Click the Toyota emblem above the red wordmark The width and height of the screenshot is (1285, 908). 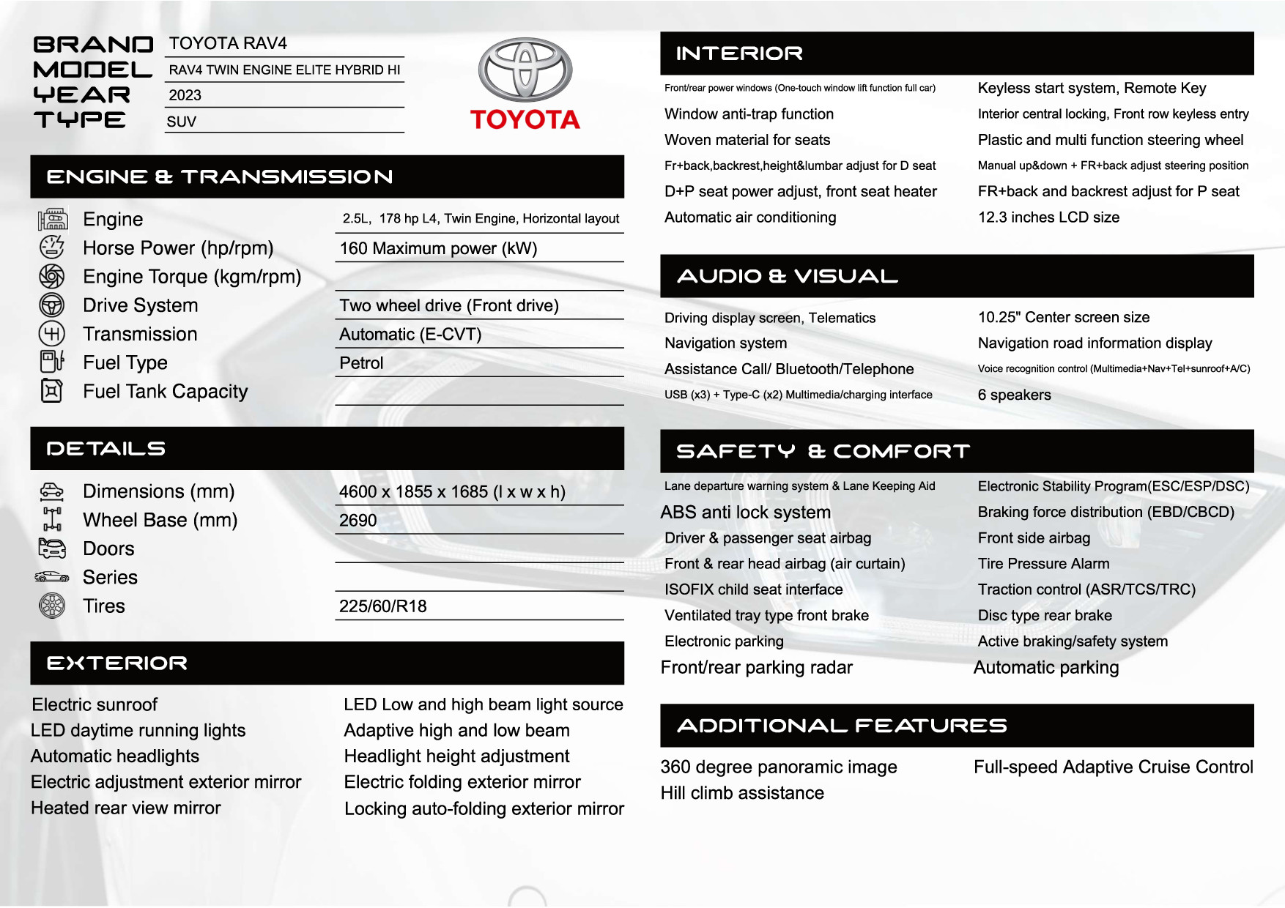(x=525, y=70)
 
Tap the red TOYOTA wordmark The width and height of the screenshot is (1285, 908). (x=525, y=119)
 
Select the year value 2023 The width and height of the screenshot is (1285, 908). (x=185, y=95)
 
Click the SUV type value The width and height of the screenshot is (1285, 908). (x=182, y=122)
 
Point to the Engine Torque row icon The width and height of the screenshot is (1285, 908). (x=51, y=276)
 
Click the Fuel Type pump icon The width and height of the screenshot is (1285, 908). (x=51, y=362)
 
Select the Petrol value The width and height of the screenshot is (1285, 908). (x=361, y=363)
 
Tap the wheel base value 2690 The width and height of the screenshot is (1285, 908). (x=358, y=521)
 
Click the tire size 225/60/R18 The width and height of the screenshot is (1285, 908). (x=382, y=606)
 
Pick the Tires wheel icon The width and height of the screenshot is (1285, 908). (x=51, y=606)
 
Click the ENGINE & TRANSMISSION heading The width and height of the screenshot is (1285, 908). (x=220, y=176)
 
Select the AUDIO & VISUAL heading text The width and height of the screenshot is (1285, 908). (x=788, y=276)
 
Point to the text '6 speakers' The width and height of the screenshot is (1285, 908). (x=1014, y=395)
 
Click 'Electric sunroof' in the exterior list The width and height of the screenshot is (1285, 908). (x=95, y=704)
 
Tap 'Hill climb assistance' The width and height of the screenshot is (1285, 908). (x=742, y=793)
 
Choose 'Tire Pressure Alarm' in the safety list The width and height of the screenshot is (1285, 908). (x=1043, y=564)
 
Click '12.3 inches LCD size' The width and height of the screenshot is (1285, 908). (x=1048, y=217)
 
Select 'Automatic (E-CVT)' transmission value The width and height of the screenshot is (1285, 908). (x=410, y=335)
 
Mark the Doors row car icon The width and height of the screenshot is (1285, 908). (x=51, y=548)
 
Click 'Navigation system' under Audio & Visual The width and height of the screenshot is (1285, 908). (x=725, y=343)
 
